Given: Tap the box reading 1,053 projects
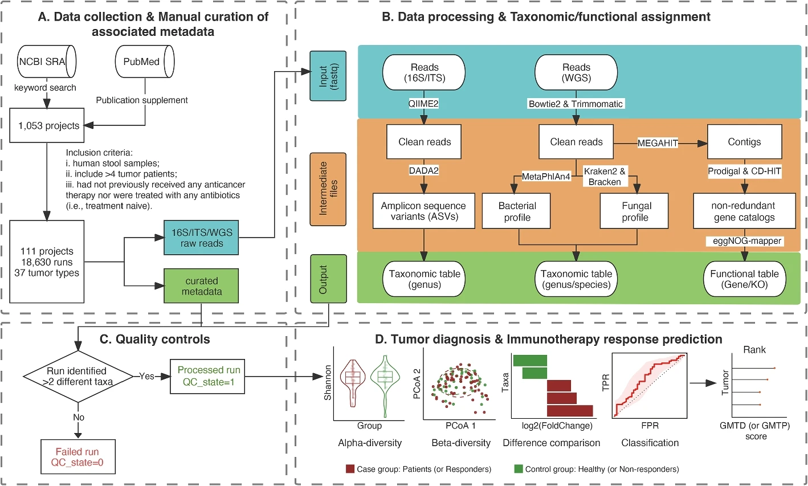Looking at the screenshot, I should coord(48,126).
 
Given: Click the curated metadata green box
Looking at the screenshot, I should coord(201,286).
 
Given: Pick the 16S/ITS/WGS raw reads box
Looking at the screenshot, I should coord(201,238).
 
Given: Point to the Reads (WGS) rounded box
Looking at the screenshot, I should coord(576,72).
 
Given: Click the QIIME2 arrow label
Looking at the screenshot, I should coord(423,104).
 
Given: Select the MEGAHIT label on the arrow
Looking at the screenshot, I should coord(658,143).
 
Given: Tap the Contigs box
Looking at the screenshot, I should coord(744,142).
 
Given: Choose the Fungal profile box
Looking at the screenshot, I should coord(636,211).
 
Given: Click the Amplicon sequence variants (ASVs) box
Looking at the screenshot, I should coord(423,211).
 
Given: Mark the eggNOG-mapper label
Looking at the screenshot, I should coord(746,241).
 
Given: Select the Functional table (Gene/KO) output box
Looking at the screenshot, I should coord(744,279).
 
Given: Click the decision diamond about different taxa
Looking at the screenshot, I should coord(77,376).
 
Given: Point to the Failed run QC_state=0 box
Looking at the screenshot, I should coord(77,457).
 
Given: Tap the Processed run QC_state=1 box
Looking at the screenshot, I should coord(209,376).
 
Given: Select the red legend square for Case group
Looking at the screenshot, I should coord(350,469).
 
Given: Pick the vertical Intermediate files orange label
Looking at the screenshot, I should coord(328,188).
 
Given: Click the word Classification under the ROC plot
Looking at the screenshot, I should coord(650,443).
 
